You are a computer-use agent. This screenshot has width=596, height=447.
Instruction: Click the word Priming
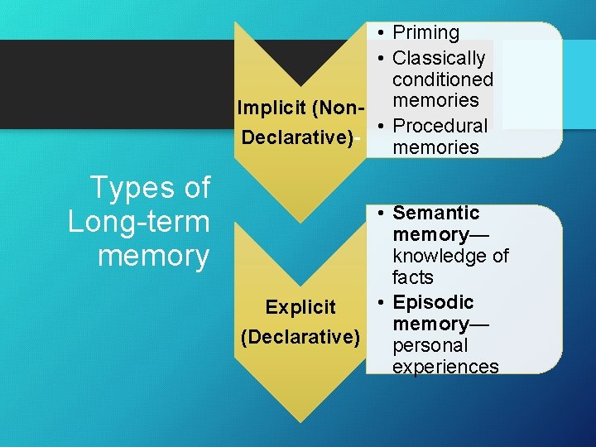425,33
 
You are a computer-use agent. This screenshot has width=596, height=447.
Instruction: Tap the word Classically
439,59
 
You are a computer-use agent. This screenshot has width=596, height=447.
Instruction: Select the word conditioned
442,80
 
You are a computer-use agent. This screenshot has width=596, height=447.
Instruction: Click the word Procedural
440,126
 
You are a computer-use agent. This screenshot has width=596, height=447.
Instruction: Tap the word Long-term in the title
139,222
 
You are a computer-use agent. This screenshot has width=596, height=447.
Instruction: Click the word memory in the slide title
153,256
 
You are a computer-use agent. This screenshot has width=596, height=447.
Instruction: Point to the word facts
412,277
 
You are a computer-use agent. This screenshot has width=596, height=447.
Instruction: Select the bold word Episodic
433,302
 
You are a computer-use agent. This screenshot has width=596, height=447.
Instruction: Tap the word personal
430,345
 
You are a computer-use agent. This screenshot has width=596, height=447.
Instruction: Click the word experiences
445,367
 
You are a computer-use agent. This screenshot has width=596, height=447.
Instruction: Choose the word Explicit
300,307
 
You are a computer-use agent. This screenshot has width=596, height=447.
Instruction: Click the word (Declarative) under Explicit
300,337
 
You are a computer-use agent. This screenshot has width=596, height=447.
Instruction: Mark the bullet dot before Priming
377,33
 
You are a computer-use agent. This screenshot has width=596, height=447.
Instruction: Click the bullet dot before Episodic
377,302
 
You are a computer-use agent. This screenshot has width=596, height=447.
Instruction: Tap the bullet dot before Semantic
377,214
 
